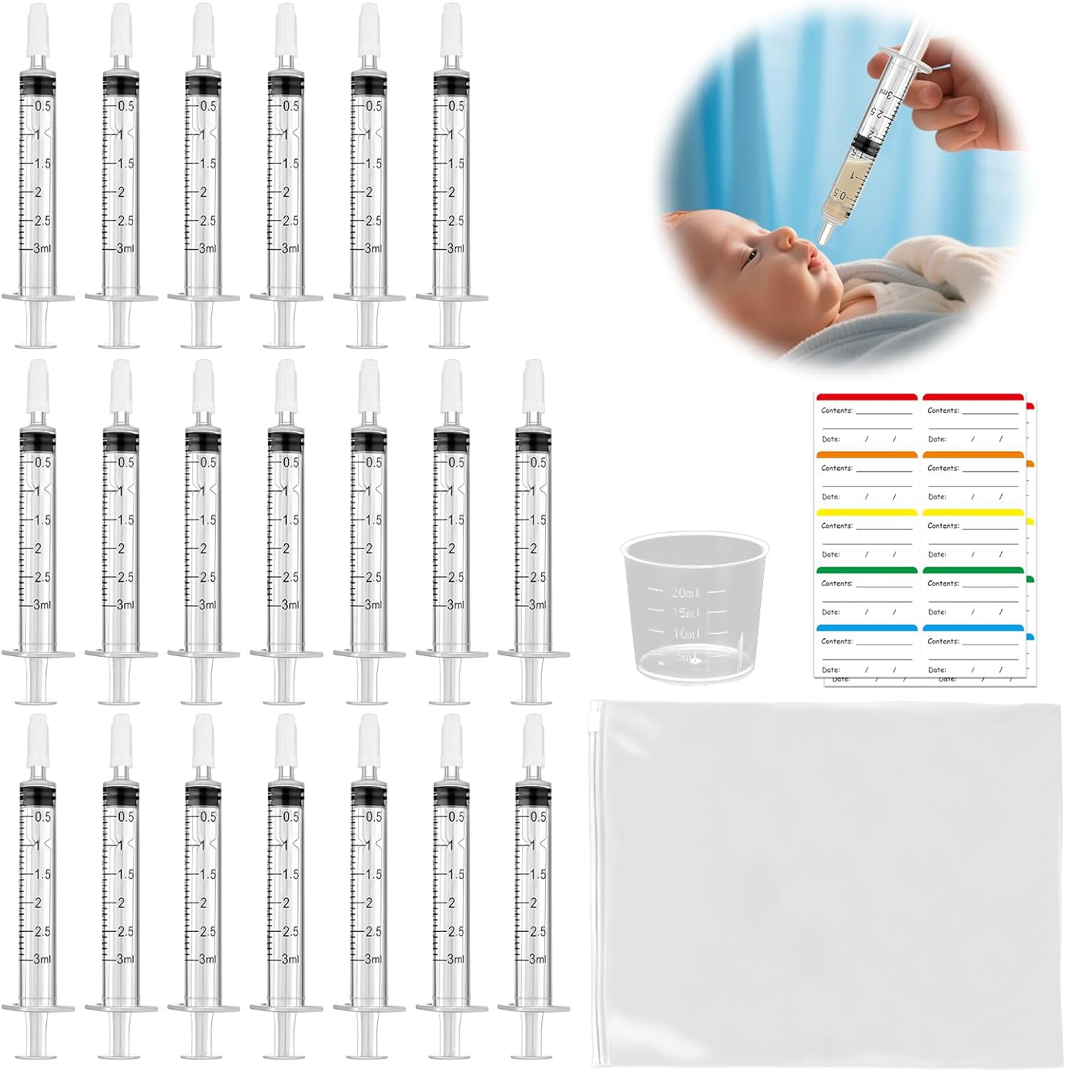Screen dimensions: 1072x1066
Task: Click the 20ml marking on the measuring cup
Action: tap(684, 592)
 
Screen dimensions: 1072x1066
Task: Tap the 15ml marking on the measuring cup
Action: tap(685, 612)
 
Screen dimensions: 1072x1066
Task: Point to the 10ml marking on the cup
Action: tap(686, 633)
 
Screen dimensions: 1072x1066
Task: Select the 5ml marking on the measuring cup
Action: tap(684, 656)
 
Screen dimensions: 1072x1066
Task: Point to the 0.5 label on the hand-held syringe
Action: tap(840, 194)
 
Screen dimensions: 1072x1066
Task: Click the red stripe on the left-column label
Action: tap(866, 397)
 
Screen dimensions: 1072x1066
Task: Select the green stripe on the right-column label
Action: tap(972, 570)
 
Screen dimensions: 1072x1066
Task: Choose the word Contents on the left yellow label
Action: tap(837, 526)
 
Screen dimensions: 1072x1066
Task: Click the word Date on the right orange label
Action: tap(937, 497)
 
